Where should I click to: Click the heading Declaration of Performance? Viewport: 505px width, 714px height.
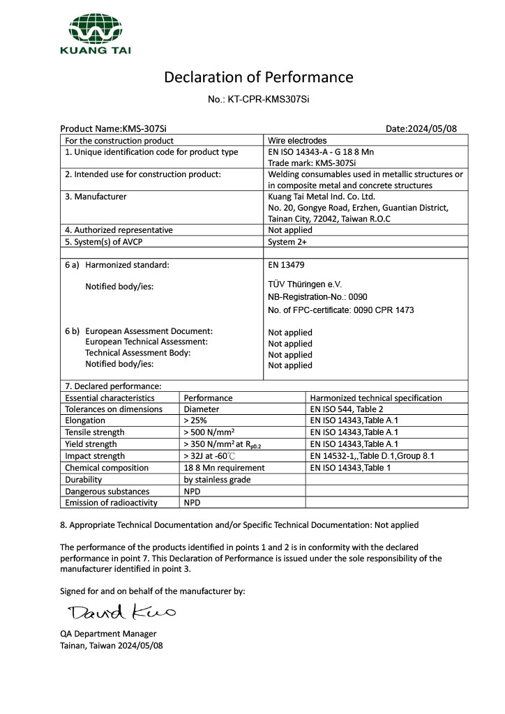coord(258,77)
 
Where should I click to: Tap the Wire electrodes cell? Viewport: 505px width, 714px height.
coord(297,141)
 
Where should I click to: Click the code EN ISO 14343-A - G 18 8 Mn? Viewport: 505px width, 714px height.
coord(325,152)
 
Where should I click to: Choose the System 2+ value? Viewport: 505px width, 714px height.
coord(287,242)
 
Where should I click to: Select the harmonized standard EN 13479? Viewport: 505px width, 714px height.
coord(286,265)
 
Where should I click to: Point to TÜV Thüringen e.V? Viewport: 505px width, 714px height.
coord(305,284)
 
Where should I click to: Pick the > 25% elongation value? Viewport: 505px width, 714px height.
coord(195,421)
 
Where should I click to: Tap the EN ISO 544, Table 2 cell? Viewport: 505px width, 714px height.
coord(347,409)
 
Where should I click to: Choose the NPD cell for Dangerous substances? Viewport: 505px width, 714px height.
coord(193,491)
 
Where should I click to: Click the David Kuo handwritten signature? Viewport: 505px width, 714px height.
coord(121,613)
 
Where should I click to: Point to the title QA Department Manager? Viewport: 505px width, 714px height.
coord(108,634)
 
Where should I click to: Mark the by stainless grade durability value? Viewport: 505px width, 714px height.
coord(217,480)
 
